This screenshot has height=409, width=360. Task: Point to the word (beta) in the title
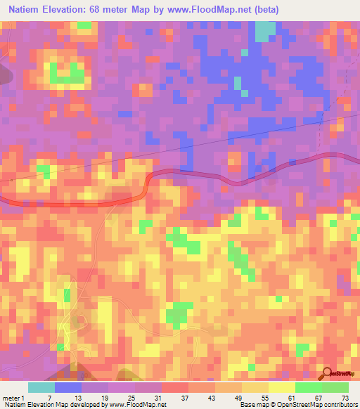[x=264, y=9]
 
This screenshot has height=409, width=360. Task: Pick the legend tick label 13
[x=67, y=397]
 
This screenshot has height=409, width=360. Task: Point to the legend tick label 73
[x=345, y=397]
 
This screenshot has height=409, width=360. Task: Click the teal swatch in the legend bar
[x=41, y=387]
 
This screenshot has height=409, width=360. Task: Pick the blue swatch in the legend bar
[x=68, y=387]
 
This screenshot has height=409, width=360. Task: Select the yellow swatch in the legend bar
[x=281, y=387]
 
